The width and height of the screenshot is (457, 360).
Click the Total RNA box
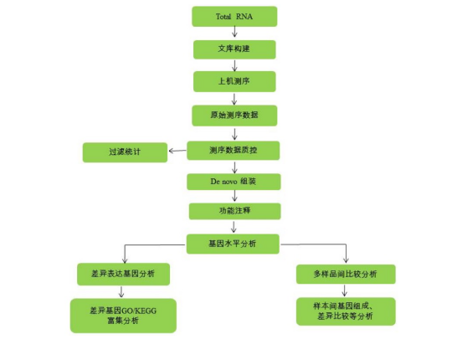click(234, 17)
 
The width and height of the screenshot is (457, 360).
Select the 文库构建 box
click(234, 49)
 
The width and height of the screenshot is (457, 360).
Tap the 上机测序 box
click(234, 81)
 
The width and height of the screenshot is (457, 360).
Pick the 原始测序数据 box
click(234, 116)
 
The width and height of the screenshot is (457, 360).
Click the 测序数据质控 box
click(234, 151)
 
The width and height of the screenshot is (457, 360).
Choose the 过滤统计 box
click(125, 152)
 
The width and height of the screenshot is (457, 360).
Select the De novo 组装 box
click(234, 182)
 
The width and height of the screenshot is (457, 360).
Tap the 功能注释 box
click(234, 211)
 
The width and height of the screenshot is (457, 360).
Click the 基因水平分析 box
click(233, 244)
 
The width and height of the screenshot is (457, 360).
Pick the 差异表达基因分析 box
click(123, 274)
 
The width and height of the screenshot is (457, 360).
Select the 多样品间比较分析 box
click(346, 274)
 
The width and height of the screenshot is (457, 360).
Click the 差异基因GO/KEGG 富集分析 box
click(123, 316)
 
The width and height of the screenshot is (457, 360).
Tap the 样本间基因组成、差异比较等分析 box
click(346, 311)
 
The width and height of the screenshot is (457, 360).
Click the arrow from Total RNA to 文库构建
click(234, 32)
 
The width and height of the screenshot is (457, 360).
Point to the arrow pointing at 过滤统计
click(177, 151)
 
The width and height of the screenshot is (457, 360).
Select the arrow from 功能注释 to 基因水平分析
click(234, 227)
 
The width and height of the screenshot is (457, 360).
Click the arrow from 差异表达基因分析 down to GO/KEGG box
click(121, 292)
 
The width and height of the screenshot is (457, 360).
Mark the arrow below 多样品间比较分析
click(345, 291)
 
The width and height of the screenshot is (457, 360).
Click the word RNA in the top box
click(244, 17)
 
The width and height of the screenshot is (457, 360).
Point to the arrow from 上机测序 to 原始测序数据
click(234, 99)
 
